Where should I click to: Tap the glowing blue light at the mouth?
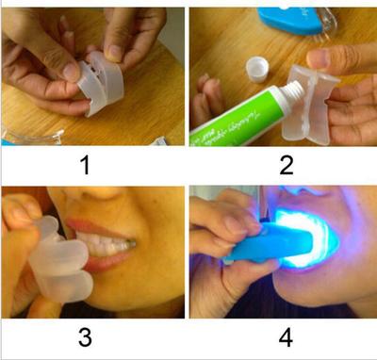[x=302, y=231]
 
